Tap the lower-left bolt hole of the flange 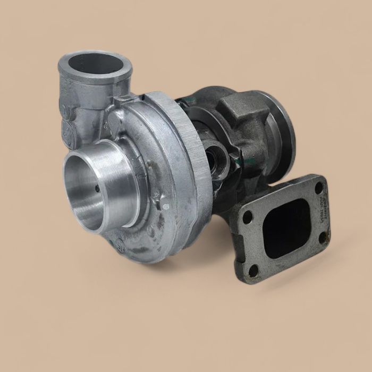253,270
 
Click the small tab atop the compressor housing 123,99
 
